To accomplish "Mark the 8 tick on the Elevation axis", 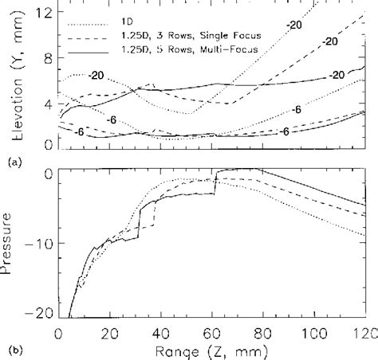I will coord(49,58).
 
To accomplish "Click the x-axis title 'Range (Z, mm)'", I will coord(212,348).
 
